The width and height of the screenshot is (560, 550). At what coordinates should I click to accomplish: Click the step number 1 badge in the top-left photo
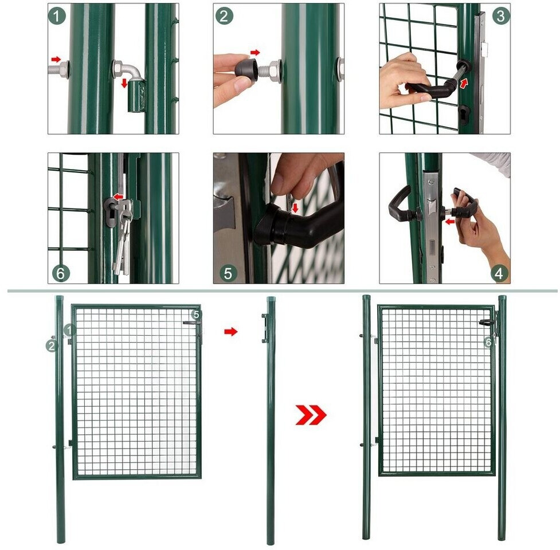point(57,16)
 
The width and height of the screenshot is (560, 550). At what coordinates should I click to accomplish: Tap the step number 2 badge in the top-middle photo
point(224,16)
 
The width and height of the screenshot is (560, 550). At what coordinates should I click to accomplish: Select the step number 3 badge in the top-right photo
point(501,16)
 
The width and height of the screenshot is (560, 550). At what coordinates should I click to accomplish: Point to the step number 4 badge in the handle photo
point(499,273)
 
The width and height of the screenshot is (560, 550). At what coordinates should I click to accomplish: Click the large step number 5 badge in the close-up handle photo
point(228,273)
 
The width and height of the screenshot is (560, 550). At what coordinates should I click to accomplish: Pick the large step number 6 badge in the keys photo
point(61,273)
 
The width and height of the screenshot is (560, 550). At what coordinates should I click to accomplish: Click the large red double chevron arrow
point(311,415)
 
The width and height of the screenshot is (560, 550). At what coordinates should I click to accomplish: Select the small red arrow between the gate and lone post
point(231,332)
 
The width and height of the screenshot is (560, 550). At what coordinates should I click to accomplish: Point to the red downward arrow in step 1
point(124,83)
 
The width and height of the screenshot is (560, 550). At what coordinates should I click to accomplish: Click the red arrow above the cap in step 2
point(255,53)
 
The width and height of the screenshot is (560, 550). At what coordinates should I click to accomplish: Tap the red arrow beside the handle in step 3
point(464,84)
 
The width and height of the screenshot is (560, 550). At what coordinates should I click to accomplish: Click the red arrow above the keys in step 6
point(118,197)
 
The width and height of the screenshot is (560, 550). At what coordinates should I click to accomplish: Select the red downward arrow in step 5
point(295,208)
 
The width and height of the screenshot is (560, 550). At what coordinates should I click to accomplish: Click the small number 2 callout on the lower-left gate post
point(52,345)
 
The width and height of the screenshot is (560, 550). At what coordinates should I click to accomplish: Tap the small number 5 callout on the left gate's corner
point(196,315)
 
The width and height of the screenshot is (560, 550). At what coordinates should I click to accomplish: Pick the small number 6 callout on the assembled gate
point(488,342)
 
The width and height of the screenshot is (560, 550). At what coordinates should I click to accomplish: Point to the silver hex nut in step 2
point(275,68)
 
